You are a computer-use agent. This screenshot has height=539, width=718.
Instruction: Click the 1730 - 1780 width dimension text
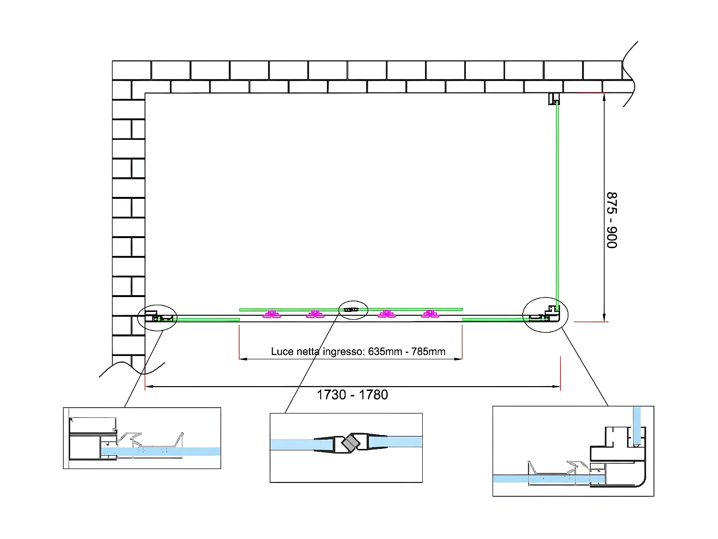click(352, 395)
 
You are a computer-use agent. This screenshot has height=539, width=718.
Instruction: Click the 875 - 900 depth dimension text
click(612, 220)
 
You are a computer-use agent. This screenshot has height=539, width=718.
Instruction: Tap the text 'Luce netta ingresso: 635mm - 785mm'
click(358, 352)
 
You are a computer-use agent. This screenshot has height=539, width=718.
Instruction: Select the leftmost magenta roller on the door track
click(272, 314)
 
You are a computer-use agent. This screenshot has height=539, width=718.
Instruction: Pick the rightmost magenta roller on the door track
click(430, 314)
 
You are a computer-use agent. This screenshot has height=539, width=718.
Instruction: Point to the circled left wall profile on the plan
click(157, 317)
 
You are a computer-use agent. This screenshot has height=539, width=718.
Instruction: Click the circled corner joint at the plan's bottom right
click(545, 315)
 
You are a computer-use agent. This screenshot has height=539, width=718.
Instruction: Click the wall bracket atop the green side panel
click(554, 99)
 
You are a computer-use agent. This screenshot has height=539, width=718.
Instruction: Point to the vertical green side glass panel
click(557, 201)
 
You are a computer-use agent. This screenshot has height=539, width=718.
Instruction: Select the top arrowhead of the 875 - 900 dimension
click(604, 97)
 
